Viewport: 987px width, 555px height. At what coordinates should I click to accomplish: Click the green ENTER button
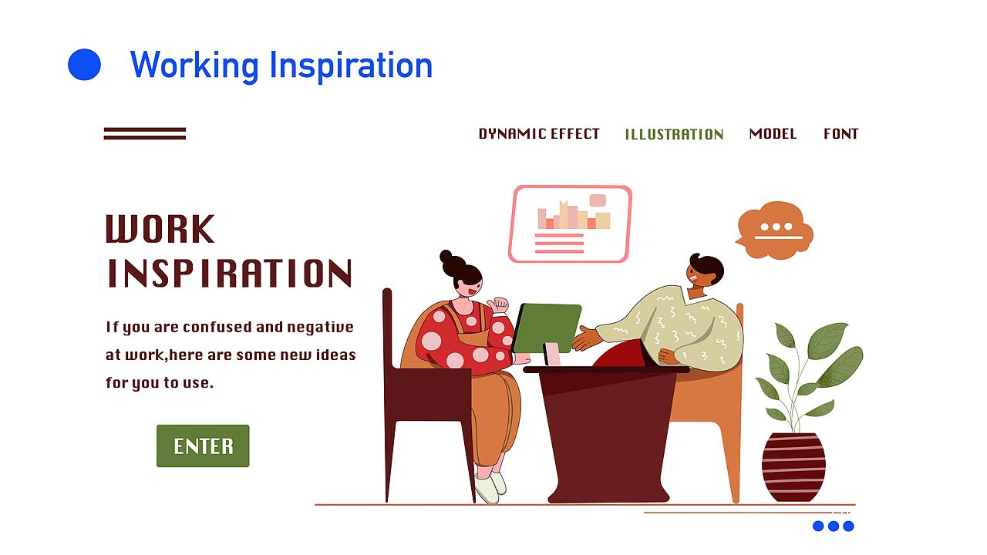tap(203, 446)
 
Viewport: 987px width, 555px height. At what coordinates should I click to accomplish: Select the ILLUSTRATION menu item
tap(674, 134)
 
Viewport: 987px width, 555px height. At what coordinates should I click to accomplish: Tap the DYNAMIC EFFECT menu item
tap(539, 134)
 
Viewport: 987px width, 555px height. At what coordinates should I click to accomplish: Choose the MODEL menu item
tap(773, 134)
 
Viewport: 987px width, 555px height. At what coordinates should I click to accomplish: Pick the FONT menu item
tap(840, 134)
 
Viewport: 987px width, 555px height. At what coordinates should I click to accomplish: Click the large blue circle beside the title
tap(84, 64)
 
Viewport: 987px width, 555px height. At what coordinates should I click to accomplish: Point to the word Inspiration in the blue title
tap(351, 66)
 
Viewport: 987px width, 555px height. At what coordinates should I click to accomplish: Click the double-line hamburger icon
tap(144, 133)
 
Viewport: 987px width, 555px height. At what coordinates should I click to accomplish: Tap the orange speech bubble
tap(775, 230)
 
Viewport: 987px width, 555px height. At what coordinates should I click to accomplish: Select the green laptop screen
tap(547, 328)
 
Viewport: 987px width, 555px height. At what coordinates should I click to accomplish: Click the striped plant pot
tap(793, 467)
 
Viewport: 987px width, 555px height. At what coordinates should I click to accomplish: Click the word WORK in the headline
tap(160, 229)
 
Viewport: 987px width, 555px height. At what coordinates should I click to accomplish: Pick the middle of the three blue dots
tap(834, 526)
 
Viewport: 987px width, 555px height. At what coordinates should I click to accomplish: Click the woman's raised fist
tap(499, 304)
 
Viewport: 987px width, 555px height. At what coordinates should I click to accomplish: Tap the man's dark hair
tap(707, 267)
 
